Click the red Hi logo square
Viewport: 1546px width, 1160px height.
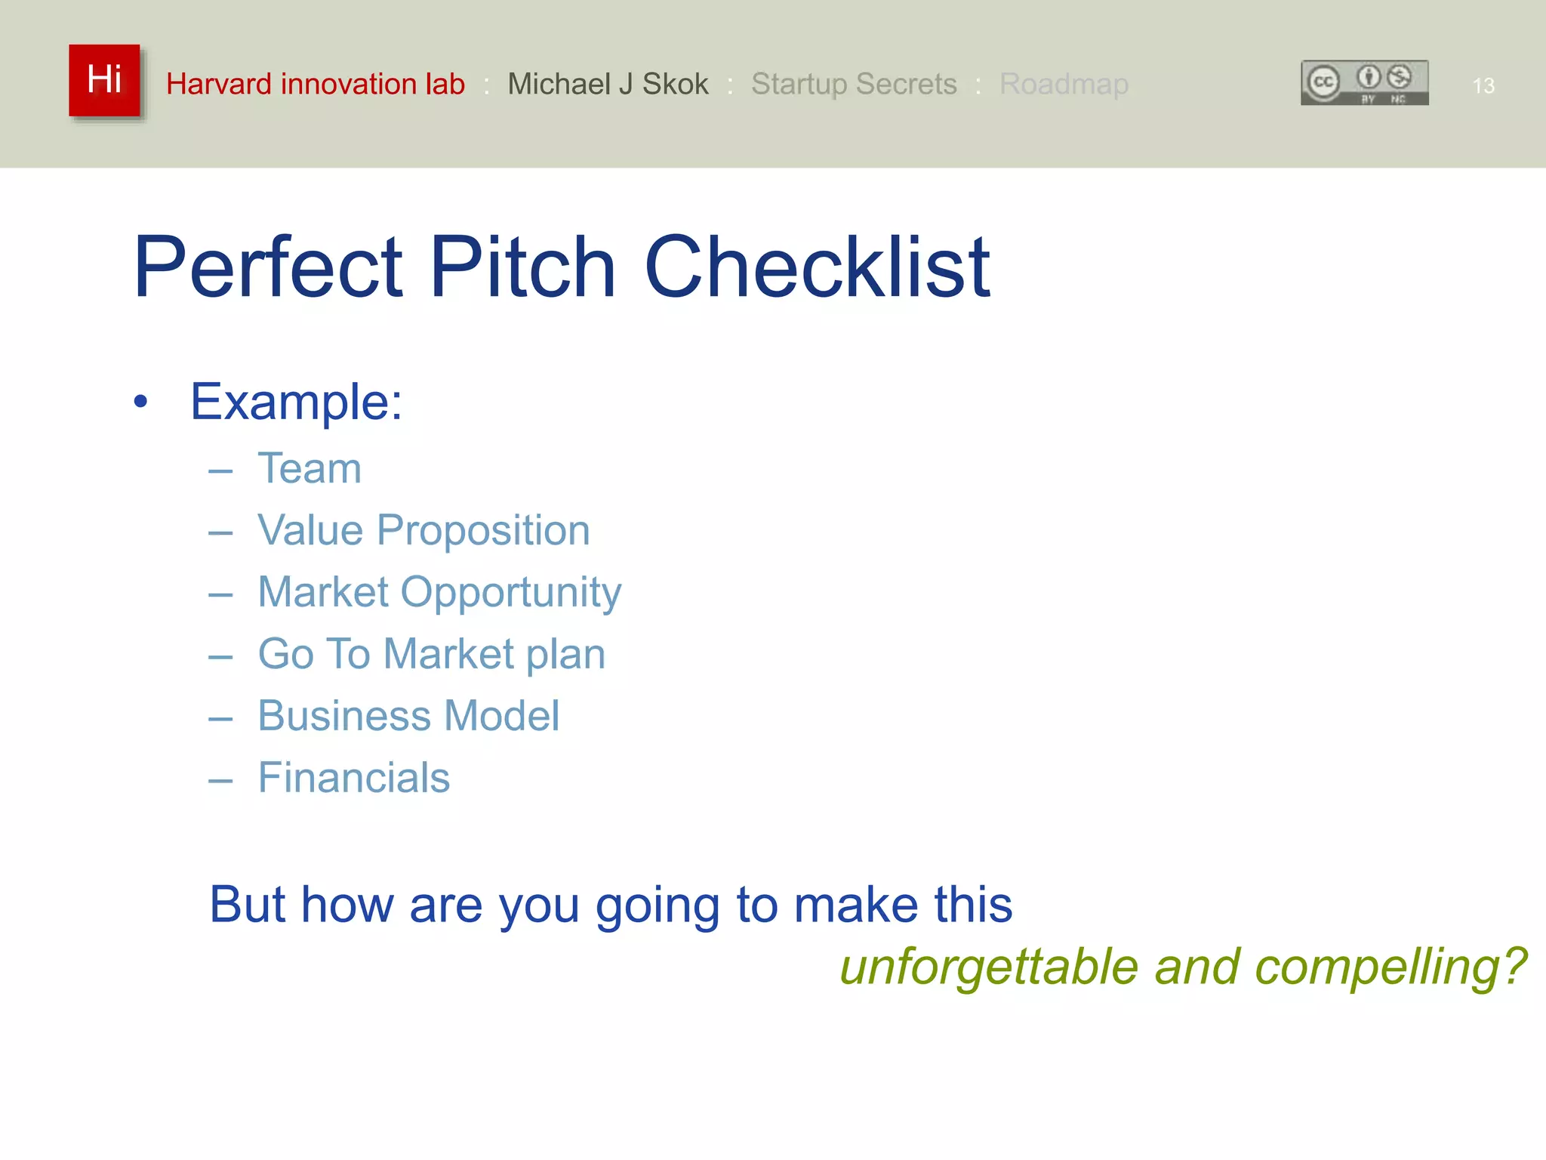104,80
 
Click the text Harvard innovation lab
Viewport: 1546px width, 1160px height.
315,84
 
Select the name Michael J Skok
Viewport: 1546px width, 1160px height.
608,84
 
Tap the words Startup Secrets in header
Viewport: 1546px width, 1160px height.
854,84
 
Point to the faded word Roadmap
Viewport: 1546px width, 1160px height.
1064,84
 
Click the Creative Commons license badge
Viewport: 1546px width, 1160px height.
1364,83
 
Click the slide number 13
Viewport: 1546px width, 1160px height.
1483,86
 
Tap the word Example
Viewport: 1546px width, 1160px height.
295,402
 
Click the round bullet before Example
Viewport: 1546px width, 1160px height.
140,403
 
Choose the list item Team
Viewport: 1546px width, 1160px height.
310,468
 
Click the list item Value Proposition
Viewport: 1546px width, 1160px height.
423,530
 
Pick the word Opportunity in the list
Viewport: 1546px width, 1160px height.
511,593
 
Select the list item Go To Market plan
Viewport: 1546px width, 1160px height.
431,654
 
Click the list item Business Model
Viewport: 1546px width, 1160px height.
408,716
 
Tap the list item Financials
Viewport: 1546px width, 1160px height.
353,778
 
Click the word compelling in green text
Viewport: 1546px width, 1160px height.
1390,967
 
